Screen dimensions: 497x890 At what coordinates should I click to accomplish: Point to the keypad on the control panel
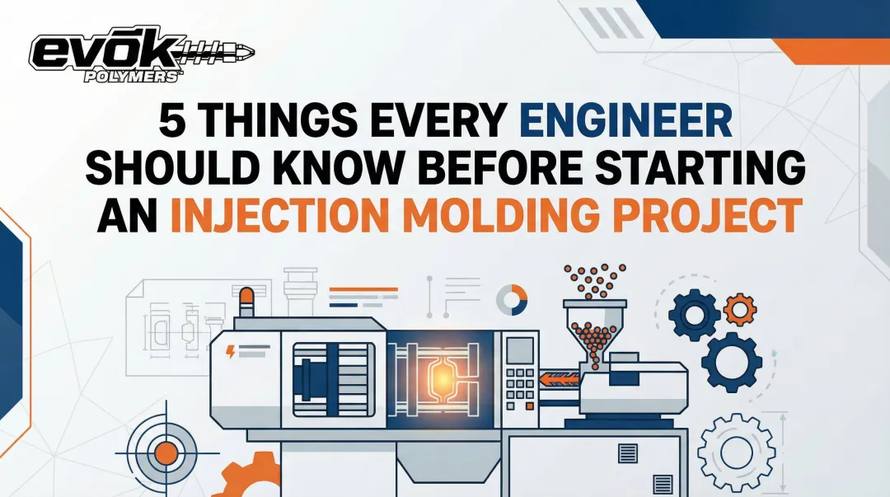pos(519,382)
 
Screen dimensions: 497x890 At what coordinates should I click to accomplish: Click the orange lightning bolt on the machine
pos(230,352)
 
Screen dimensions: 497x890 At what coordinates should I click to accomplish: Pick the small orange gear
pos(739,309)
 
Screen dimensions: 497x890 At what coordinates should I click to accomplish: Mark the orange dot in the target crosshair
pos(166,452)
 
